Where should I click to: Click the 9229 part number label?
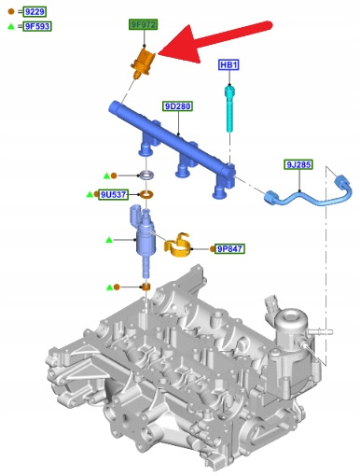pos(35,12)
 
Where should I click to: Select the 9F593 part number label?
pos(37,26)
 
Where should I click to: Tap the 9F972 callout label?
pos(144,24)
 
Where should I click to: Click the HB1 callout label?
pos(228,65)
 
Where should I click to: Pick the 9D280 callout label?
pos(178,106)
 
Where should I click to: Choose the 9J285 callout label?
pos(298,164)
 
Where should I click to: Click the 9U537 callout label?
pos(113,195)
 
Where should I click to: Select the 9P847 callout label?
pos(230,249)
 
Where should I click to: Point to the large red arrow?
pos(215,40)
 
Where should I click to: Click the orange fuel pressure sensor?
pos(143,63)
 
